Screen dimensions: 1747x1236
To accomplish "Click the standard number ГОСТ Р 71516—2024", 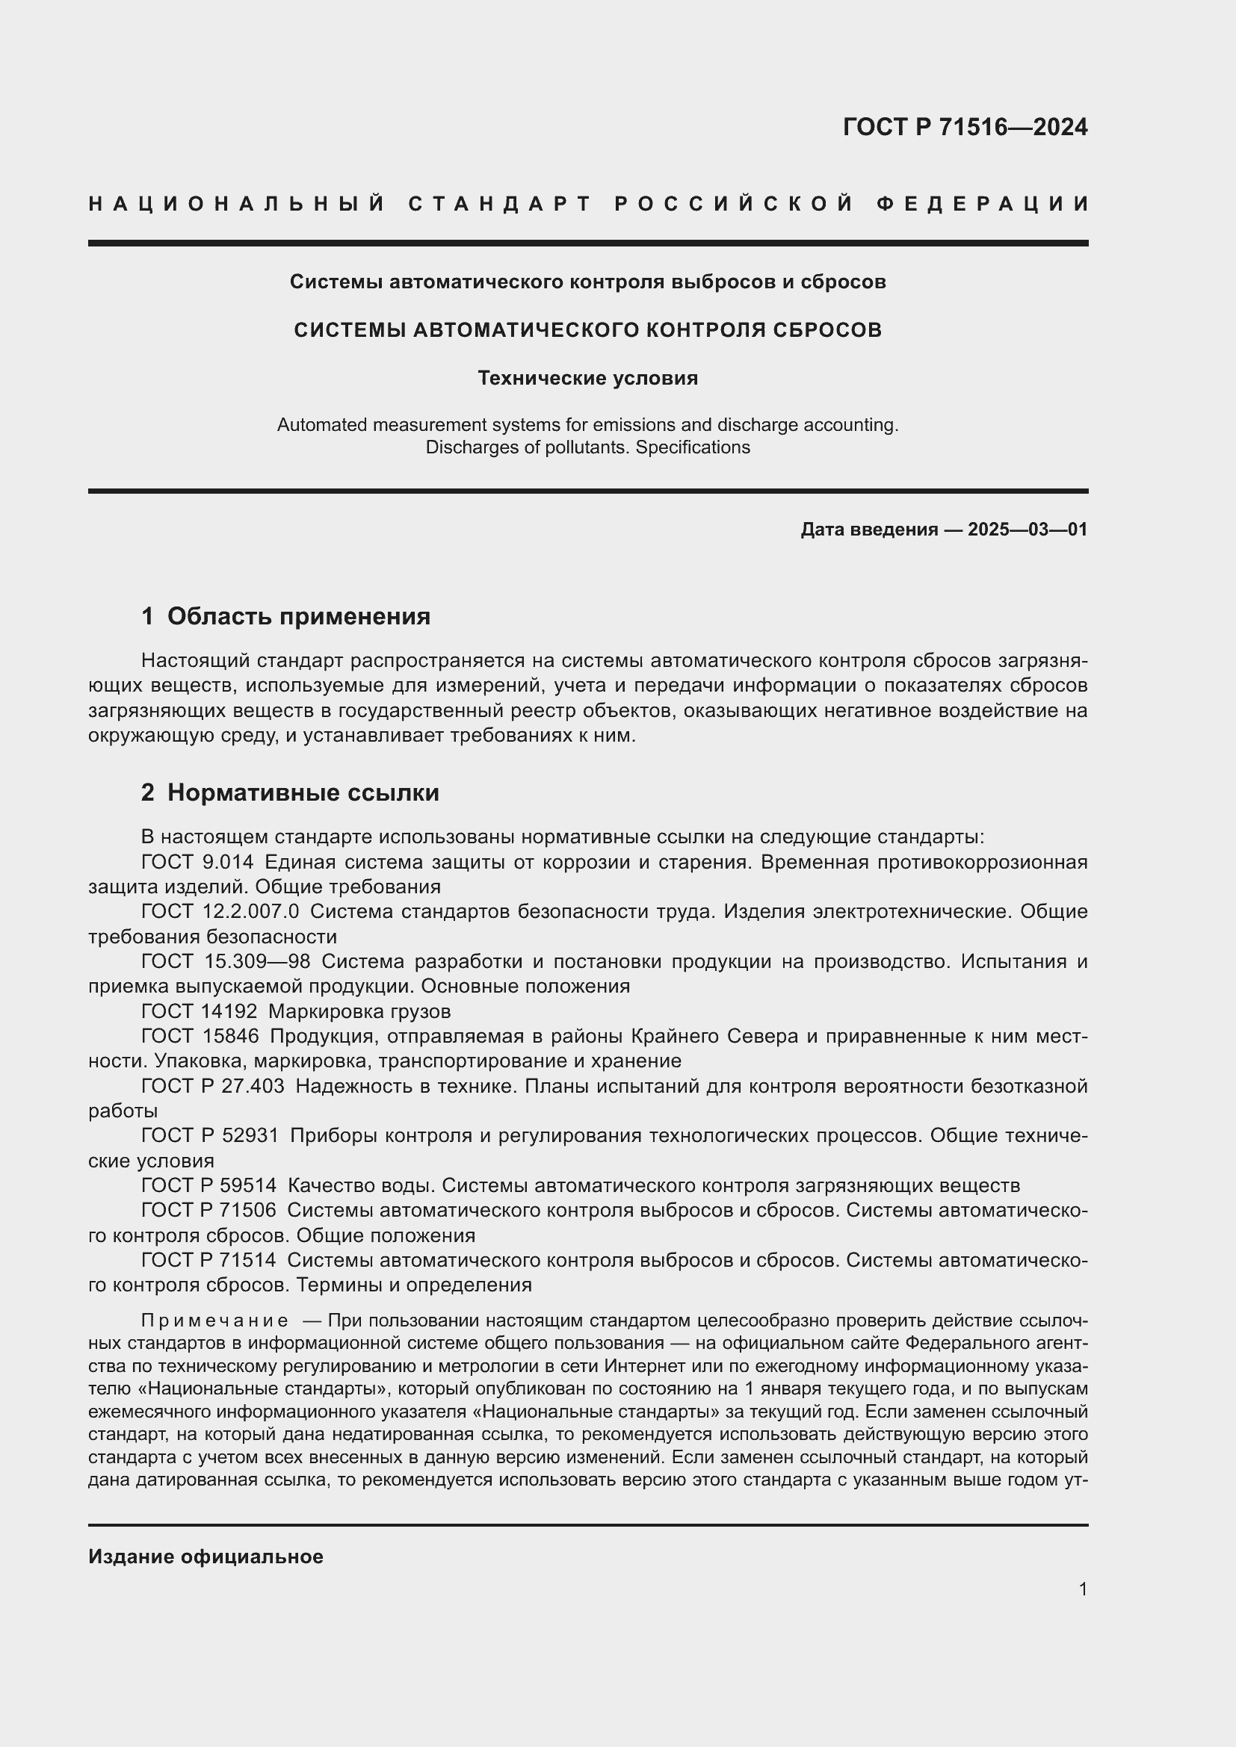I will [x=964, y=127].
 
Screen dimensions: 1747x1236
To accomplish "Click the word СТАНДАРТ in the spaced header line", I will [x=500, y=204].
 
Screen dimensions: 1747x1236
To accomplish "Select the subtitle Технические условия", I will [x=587, y=378].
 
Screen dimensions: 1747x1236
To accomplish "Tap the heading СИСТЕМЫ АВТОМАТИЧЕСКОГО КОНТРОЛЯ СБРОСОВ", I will [x=587, y=330].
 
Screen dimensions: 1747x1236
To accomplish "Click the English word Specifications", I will [x=693, y=447].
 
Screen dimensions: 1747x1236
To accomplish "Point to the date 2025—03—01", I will [x=1028, y=530].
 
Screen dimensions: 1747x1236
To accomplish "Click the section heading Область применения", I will [x=298, y=616].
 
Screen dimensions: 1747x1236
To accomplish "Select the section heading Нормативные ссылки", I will [x=303, y=793].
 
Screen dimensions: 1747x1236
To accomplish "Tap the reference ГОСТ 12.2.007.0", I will [x=220, y=911].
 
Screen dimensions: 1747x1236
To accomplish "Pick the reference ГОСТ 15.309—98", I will [x=225, y=962].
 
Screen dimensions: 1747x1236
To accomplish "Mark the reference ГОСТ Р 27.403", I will [x=212, y=1086].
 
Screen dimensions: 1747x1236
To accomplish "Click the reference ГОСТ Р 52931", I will [x=208, y=1135].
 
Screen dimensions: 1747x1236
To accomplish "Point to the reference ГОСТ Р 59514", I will [x=208, y=1185].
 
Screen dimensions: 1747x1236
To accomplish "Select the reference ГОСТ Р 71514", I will [x=208, y=1260].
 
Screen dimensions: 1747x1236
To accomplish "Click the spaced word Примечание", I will [x=214, y=1320].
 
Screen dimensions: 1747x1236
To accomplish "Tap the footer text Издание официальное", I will [x=206, y=1557].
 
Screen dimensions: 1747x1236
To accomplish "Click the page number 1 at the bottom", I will [x=1083, y=1589].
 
